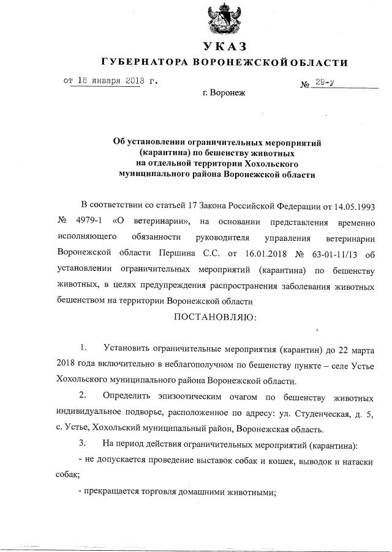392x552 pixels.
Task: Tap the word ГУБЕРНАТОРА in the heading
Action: tap(146, 62)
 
